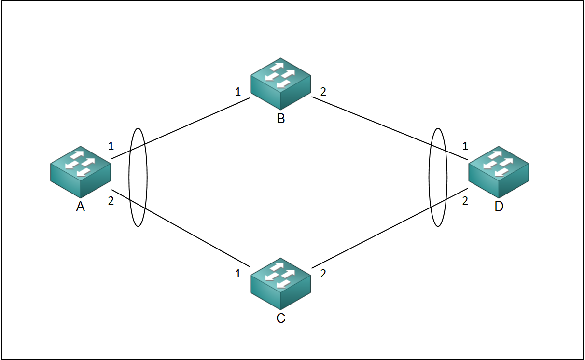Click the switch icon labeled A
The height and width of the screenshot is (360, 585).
pos(81,172)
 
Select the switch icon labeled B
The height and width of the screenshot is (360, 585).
pos(280,83)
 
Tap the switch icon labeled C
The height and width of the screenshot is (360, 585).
pos(280,283)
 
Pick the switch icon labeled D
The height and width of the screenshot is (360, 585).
pos(499,172)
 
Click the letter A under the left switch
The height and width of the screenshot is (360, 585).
pos(81,207)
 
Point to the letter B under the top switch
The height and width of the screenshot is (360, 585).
pos(280,119)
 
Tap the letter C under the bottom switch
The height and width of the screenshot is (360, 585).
pos(280,318)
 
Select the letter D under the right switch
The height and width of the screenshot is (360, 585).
pos(499,207)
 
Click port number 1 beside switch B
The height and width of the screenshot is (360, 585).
pos(238,92)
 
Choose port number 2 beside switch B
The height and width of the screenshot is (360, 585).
pos(323,92)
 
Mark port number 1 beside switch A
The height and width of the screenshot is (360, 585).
pos(111,146)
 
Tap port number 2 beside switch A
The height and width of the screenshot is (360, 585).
pos(111,201)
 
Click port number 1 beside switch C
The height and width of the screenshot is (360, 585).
pos(238,274)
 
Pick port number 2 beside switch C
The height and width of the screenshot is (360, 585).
pos(323,274)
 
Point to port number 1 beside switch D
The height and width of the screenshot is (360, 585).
pos(465,146)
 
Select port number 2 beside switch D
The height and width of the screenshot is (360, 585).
pos(465,201)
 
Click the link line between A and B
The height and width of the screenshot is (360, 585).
pos(193,123)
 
